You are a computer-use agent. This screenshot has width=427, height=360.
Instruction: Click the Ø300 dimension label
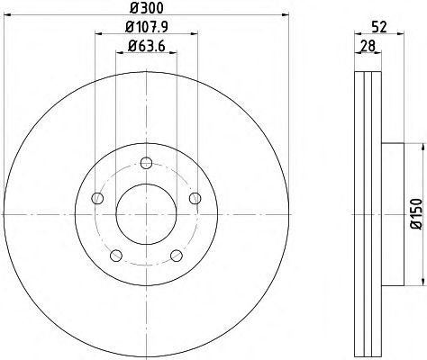tap(146, 8)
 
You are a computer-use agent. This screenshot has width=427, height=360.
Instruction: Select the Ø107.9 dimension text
tap(146, 28)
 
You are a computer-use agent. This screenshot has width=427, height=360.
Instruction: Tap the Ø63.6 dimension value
tap(146, 46)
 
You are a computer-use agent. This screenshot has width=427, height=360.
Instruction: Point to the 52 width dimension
tap(378, 27)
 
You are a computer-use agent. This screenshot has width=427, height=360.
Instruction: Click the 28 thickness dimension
tap(368, 46)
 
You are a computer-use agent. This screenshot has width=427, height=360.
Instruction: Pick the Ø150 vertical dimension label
tap(416, 214)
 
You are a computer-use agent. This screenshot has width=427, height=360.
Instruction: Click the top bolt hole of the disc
tap(146, 163)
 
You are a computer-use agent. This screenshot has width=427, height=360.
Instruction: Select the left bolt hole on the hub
tap(97, 198)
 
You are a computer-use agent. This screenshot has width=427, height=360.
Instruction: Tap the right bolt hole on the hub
tap(195, 198)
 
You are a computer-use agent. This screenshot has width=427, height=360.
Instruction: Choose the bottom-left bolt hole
tap(116, 256)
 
